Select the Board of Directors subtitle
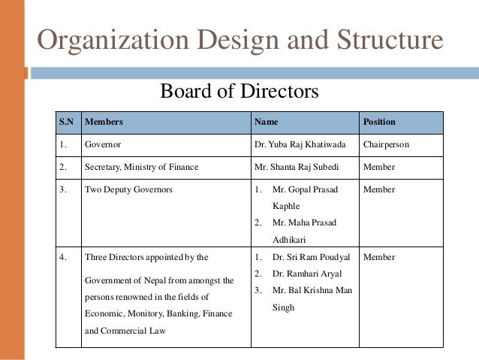239,92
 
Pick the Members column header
104,122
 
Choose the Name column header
266,122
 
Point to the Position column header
379,122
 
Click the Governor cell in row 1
103,144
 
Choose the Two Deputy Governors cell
128,189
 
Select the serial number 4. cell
64,258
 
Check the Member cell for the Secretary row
378,166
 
